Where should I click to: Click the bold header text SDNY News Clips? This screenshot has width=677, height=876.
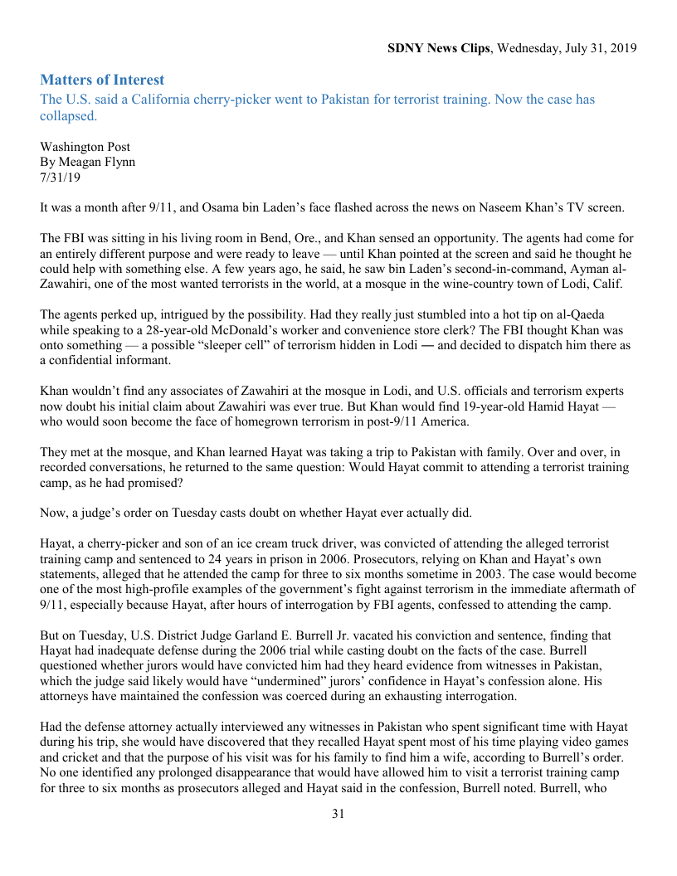439,48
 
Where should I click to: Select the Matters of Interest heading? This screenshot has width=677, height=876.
102,80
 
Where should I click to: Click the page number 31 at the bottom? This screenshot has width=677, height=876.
338,814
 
